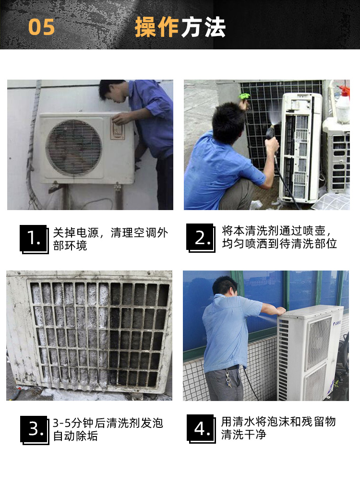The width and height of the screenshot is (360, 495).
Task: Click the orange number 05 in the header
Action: (x=41, y=27)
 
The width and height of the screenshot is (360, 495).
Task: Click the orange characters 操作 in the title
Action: (x=157, y=27)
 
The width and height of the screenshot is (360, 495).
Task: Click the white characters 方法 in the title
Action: (x=203, y=27)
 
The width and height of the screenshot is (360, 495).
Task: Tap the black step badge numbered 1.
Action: (x=34, y=239)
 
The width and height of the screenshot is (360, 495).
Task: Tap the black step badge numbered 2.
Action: (x=201, y=238)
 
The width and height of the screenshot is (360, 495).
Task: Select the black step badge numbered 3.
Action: (x=35, y=430)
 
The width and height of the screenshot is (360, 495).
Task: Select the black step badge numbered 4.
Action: (x=201, y=429)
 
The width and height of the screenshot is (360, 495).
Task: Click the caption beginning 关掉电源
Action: (x=110, y=239)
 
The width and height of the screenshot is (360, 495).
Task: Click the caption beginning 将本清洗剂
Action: (x=279, y=237)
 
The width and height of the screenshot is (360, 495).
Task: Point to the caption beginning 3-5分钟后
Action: (x=108, y=429)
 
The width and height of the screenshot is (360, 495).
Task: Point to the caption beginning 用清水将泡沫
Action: (x=278, y=428)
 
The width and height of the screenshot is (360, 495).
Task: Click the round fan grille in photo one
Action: (x=74, y=148)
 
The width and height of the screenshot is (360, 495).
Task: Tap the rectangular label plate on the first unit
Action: (x=118, y=129)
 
